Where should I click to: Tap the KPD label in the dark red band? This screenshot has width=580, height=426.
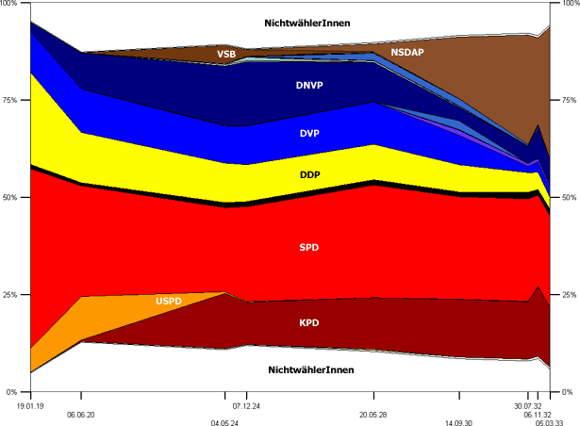tap(309, 322)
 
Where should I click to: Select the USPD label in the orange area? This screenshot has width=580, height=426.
tap(171, 301)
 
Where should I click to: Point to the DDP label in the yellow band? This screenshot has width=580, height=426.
tap(309, 174)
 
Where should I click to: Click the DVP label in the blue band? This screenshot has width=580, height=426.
tap(309, 133)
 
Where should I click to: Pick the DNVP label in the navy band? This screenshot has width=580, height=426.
tap(310, 85)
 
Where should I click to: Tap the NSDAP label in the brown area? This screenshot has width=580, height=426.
tap(407, 54)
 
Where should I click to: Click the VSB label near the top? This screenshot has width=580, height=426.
tap(226, 54)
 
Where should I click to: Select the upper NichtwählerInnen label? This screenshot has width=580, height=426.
tap(310, 23)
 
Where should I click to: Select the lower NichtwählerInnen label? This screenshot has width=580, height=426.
tap(310, 370)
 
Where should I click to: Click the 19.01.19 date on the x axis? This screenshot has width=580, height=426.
tap(30, 405)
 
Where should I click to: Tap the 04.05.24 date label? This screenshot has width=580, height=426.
tap(225, 423)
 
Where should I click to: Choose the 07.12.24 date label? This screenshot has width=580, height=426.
tap(247, 405)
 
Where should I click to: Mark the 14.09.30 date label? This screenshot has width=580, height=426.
tap(459, 423)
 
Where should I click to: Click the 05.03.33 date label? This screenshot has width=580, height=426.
tap(550, 423)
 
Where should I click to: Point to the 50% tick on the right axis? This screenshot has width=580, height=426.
tap(569, 198)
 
